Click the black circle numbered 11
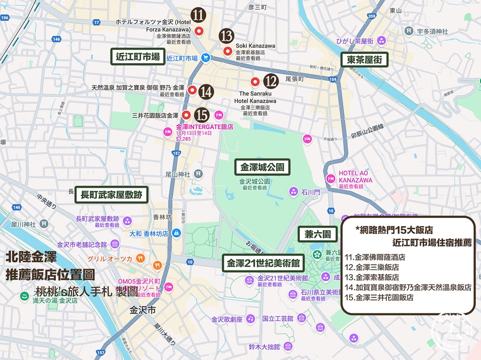tap(198, 15)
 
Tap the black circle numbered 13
tap(226, 36)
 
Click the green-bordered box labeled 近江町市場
tap(138, 56)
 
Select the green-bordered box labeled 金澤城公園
tap(263, 167)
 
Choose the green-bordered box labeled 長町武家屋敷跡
tap(112, 194)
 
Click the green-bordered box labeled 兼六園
tap(317, 234)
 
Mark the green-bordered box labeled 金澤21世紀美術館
tap(263, 263)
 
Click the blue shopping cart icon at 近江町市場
tap(205, 58)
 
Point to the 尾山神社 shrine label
tap(178, 173)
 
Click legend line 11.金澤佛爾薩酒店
tap(375, 257)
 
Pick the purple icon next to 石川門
tap(293, 192)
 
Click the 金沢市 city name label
tap(142, 310)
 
